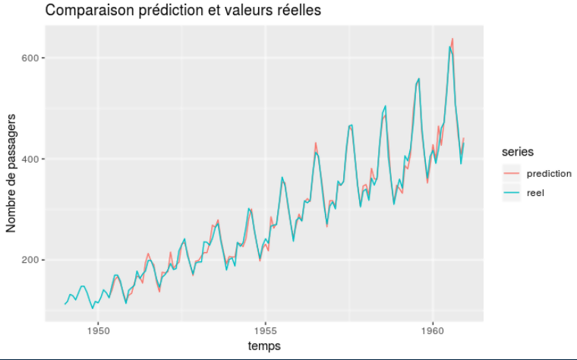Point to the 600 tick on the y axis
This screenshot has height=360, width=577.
pyautogui.click(x=30, y=58)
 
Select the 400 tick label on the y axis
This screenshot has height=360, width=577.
pyautogui.click(x=30, y=159)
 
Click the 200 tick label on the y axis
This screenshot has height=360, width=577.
pyautogui.click(x=30, y=260)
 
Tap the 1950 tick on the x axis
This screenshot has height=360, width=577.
pyautogui.click(x=98, y=330)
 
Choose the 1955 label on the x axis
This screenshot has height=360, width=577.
pyautogui.click(x=265, y=330)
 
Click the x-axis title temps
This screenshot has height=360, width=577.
pyautogui.click(x=264, y=346)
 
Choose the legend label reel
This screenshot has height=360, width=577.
pyautogui.click(x=535, y=193)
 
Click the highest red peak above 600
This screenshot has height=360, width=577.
pyautogui.click(x=452, y=39)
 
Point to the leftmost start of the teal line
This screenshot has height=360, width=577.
pyautogui.click(x=65, y=305)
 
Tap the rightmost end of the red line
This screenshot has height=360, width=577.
pyautogui.click(x=464, y=139)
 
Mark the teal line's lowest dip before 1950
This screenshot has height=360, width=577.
pyautogui.click(x=93, y=308)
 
